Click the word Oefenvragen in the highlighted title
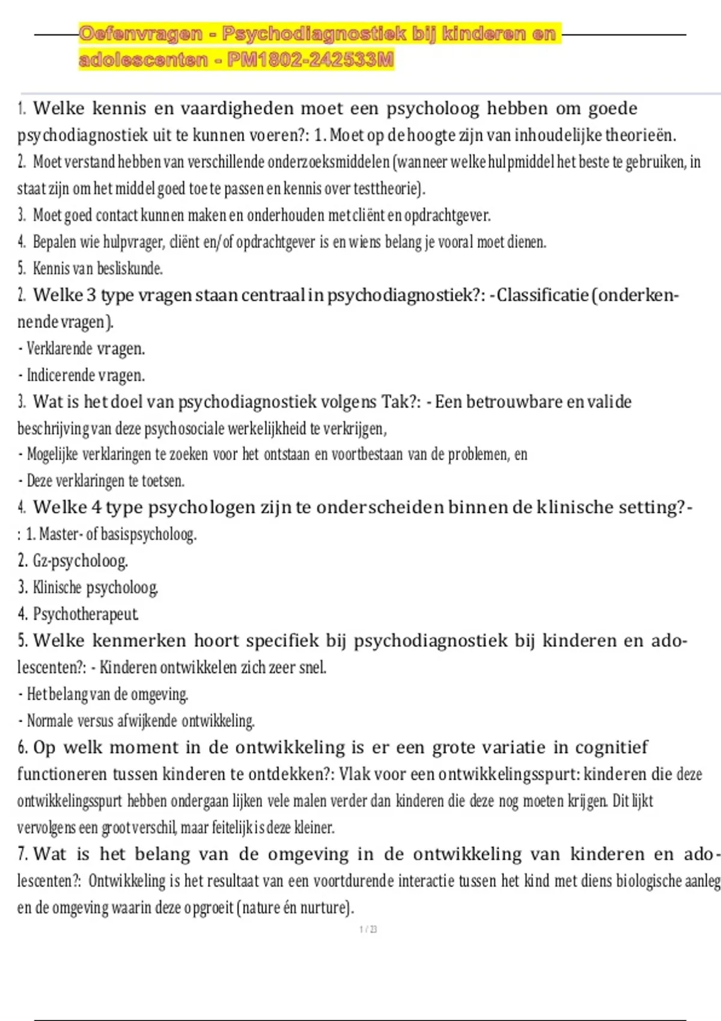tap(141, 34)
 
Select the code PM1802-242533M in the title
tap(311, 60)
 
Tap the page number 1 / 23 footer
tap(368, 930)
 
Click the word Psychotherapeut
tap(85, 614)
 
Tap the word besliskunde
tap(130, 268)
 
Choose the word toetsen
tap(163, 481)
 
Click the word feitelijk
tap(232, 828)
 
